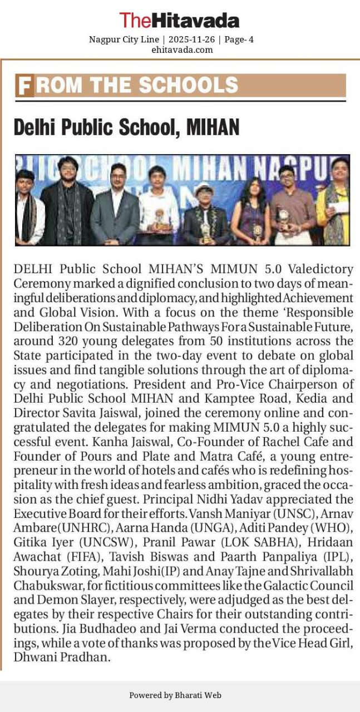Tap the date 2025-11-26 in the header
pyautogui.click(x=191, y=39)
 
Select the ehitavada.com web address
pyautogui.click(x=182, y=50)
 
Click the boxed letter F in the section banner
pyautogui.click(x=24, y=86)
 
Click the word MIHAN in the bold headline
pyautogui.click(x=213, y=127)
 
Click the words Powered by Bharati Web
pyautogui.click(x=175, y=695)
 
